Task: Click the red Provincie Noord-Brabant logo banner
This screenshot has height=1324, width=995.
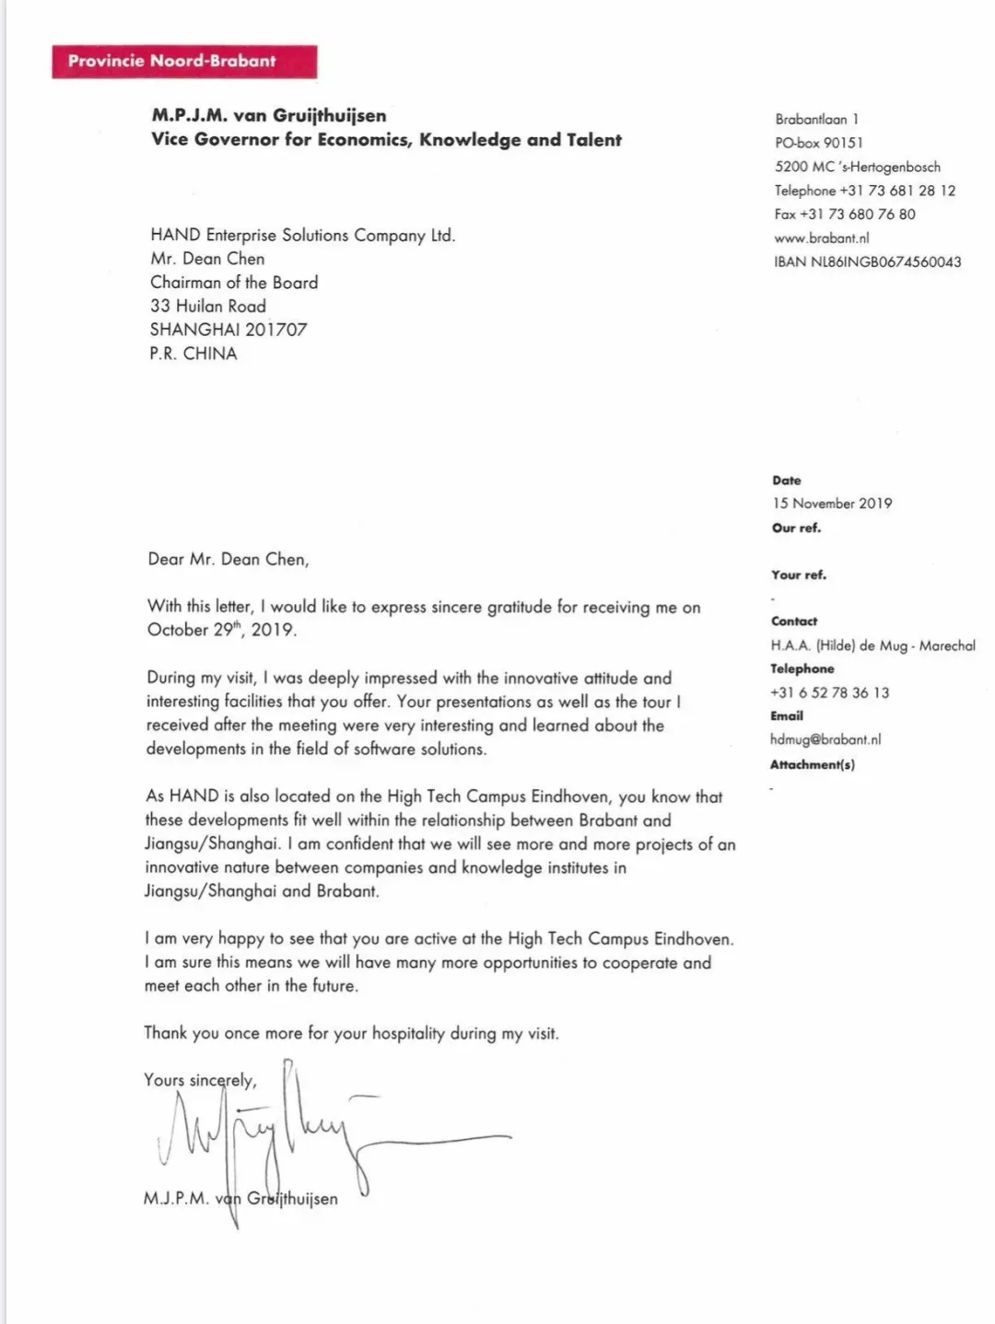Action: (x=184, y=62)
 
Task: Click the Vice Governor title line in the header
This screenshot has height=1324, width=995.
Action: (x=386, y=140)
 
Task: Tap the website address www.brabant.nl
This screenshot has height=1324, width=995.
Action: (x=821, y=238)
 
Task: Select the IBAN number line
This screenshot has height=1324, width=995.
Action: (x=867, y=261)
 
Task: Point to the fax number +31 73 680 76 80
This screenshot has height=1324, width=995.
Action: (x=845, y=214)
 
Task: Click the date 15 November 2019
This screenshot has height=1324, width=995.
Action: (x=832, y=504)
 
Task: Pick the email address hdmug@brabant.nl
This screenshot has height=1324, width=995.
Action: (x=825, y=739)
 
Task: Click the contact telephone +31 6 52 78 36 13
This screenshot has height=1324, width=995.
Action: (x=829, y=692)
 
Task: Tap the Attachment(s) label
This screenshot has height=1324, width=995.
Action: (x=812, y=764)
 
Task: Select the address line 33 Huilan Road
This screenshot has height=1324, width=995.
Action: (x=208, y=306)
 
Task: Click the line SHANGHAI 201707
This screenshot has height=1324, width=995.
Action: (x=228, y=330)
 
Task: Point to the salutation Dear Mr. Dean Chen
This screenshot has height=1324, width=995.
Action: (x=228, y=559)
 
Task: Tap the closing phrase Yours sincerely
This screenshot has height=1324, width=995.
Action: (x=200, y=1080)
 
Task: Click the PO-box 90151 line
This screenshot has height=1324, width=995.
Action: (x=819, y=143)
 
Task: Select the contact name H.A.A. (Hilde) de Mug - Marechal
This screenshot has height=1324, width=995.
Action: (x=872, y=645)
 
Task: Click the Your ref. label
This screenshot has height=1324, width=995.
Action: (x=799, y=575)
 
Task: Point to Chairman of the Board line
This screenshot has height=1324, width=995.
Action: (x=234, y=283)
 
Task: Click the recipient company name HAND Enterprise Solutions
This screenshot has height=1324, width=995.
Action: (x=302, y=235)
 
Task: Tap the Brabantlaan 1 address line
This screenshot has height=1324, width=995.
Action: (x=816, y=119)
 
